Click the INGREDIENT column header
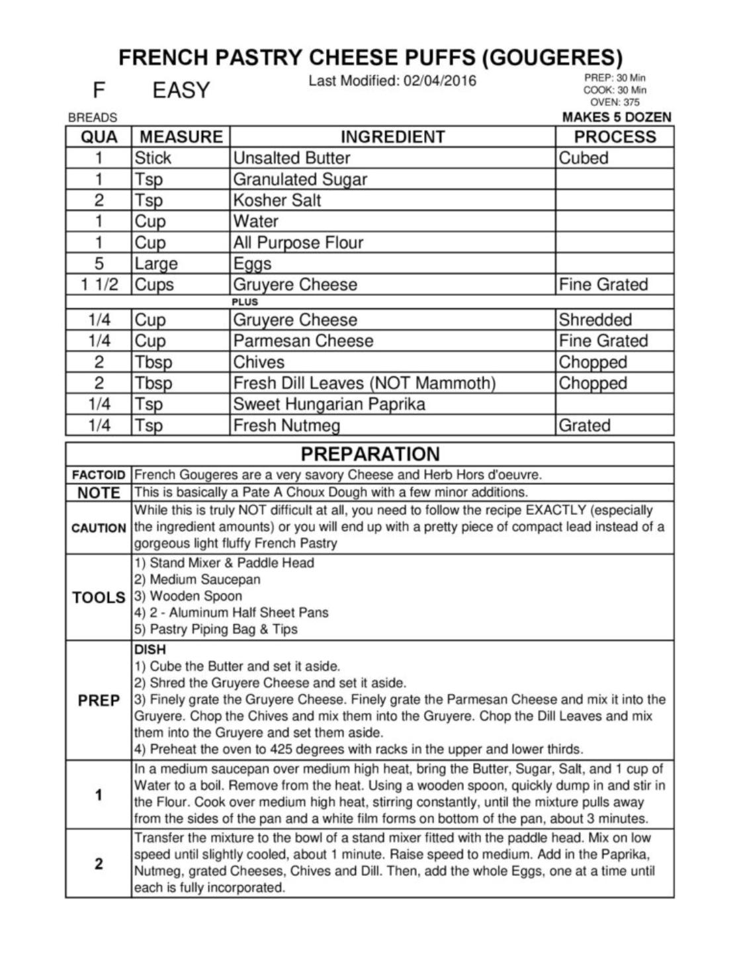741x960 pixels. (392, 137)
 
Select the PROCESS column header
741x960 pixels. (615, 137)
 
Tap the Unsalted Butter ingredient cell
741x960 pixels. (291, 158)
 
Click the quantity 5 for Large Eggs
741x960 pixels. (99, 264)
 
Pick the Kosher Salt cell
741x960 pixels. (277, 200)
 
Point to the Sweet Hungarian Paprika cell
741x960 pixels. (329, 404)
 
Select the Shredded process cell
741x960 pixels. (595, 320)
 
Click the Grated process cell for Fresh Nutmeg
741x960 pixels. (584, 425)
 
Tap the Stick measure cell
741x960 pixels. (153, 158)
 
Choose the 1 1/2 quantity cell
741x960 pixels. (99, 285)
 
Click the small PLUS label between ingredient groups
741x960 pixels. (245, 302)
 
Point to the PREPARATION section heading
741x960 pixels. (370, 454)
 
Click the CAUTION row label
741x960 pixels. (99, 528)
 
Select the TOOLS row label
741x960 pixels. (99, 597)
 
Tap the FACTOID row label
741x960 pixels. (99, 475)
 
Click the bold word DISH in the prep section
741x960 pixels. (150, 650)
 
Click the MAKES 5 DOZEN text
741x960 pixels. (617, 117)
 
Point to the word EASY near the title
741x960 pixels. (181, 90)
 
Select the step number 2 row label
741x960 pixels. (99, 863)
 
